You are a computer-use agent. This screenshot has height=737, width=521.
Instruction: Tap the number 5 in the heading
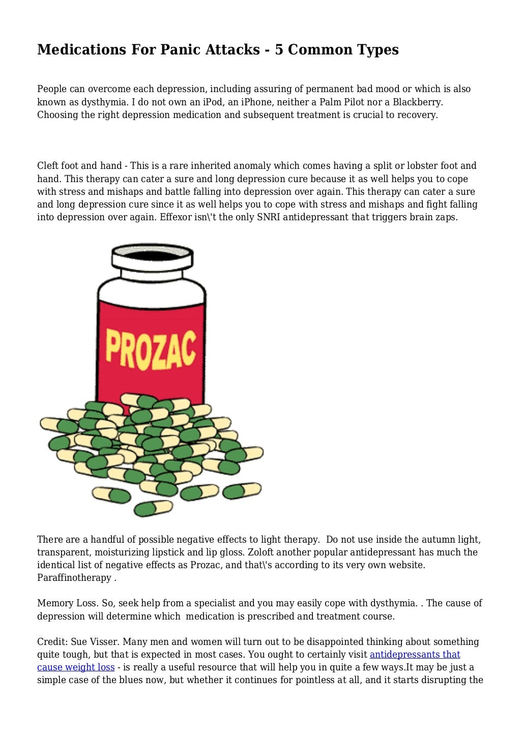279,50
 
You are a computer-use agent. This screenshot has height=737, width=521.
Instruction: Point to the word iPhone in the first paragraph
257,102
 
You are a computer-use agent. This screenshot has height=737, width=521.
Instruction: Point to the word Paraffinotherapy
74,578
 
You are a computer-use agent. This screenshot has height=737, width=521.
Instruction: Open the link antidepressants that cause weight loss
415,655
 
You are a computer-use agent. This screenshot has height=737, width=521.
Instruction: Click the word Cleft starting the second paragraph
48,166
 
